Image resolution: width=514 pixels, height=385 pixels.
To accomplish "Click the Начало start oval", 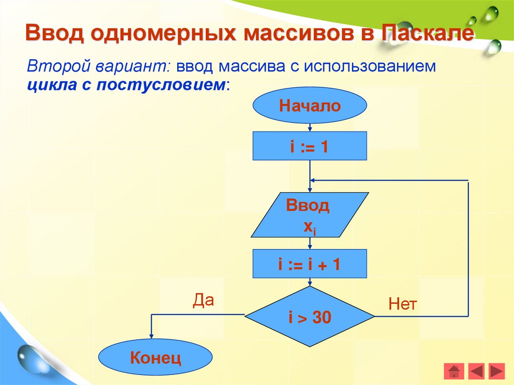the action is tap(310, 106).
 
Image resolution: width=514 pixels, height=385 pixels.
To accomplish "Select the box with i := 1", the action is tap(310, 146).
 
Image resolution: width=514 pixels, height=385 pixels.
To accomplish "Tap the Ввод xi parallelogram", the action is tap(310, 215).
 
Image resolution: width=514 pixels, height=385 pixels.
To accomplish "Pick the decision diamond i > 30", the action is tap(310, 317).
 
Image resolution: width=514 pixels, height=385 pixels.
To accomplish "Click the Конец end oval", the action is tap(155, 358).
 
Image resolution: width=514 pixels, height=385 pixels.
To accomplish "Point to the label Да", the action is tap(203, 300).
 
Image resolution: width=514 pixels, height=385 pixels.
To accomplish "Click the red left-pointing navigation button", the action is tap(475, 371).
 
